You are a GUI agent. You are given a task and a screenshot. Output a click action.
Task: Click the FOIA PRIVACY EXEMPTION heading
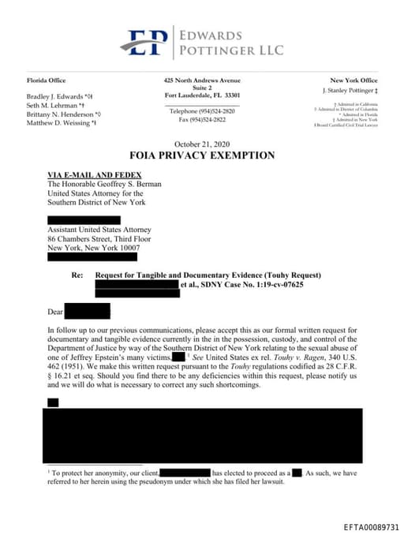point(202,155)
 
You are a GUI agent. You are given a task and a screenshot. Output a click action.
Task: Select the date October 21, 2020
point(202,144)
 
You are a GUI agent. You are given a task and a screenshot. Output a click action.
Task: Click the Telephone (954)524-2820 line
point(202,111)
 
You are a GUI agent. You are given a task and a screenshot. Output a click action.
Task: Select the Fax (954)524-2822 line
point(202,119)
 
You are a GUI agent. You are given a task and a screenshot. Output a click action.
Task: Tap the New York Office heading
point(353,80)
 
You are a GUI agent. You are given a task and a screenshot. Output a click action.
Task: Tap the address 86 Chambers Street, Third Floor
point(99,238)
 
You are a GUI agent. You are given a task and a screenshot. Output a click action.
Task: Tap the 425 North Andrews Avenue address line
point(202,80)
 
